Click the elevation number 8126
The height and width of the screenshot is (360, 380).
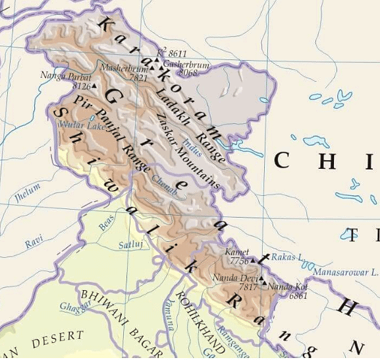[x=81, y=86]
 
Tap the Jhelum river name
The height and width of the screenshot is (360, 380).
[x=27, y=191]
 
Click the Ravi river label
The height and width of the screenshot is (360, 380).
[x=34, y=243]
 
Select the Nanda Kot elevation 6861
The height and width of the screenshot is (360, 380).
[x=298, y=295]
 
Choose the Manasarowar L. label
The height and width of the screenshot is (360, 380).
[x=345, y=271]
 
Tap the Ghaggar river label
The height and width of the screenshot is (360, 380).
[x=74, y=307]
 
